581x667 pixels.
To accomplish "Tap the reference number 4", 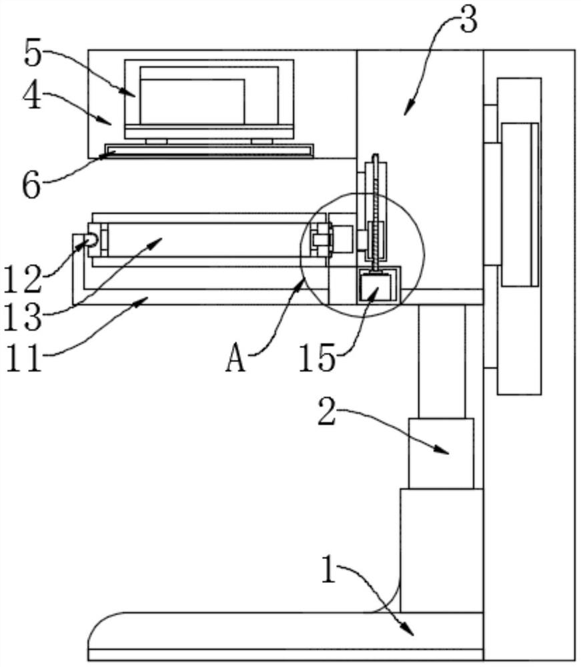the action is (x=32, y=95).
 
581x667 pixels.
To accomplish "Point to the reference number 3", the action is (x=469, y=20).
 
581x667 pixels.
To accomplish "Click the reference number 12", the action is (x=23, y=279).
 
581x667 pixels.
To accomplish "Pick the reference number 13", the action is (x=23, y=317).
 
